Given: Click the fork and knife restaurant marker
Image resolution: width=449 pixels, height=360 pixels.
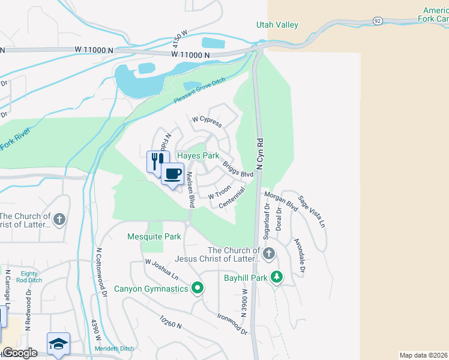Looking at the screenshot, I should tap(157, 161).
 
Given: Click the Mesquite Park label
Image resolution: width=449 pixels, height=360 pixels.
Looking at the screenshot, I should tap(154, 236).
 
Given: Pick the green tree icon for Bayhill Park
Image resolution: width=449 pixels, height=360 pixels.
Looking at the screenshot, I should tap(276, 277).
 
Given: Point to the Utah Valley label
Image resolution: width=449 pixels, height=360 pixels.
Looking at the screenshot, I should tap(277, 25).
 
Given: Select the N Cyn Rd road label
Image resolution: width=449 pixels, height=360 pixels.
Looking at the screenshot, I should tap(260, 156).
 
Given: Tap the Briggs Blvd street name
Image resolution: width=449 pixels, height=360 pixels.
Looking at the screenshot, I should tap(238, 168).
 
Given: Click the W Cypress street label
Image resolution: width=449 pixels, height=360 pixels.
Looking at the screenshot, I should tap(207, 122).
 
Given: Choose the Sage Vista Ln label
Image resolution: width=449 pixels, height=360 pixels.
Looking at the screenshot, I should tap(312, 214).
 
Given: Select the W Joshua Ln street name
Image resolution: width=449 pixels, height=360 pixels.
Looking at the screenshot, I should tap(161, 269).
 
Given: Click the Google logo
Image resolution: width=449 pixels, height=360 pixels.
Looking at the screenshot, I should tap(20, 353).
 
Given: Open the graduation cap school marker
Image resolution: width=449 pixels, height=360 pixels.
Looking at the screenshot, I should tap(58, 344).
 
